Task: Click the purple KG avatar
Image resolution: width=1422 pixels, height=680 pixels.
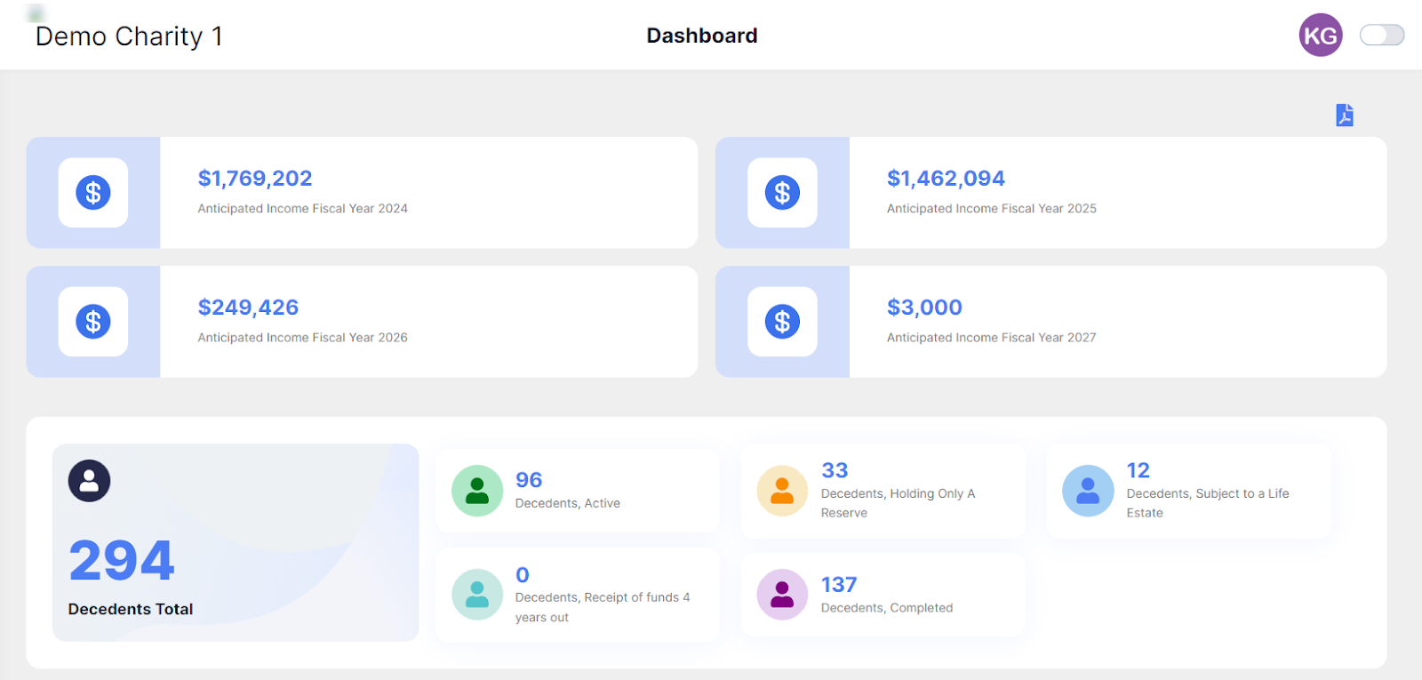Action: coord(1321,35)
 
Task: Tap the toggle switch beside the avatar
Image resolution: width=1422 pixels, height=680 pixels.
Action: coord(1381,35)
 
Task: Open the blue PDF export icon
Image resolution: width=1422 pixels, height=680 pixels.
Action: coord(1345,115)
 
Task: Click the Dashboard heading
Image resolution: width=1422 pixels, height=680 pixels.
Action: coord(701,36)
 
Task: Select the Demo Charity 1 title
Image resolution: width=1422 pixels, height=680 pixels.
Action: coord(129,36)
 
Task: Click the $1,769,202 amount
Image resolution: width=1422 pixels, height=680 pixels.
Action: coord(254,179)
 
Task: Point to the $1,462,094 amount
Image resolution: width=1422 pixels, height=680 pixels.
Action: coord(946,179)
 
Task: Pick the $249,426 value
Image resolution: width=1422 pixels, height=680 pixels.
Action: coord(248,308)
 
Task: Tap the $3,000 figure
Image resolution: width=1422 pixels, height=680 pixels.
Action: coord(924,308)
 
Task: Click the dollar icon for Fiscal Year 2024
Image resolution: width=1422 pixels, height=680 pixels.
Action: coord(93,192)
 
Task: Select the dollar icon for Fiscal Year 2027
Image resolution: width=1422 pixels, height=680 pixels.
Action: coord(782,321)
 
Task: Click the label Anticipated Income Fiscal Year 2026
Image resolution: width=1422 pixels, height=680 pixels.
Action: coord(302,337)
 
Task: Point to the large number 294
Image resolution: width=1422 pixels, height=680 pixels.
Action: coord(121,560)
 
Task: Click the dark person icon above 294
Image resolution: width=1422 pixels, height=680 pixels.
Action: coord(89,481)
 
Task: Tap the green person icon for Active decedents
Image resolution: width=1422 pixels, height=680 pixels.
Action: coord(476,491)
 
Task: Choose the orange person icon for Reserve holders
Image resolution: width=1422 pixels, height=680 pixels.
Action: coord(782,491)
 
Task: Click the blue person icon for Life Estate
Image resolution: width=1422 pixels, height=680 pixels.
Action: coord(1088,491)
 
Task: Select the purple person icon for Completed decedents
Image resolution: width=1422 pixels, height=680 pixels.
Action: coord(782,595)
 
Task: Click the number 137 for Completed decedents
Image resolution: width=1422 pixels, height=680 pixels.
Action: coord(839,584)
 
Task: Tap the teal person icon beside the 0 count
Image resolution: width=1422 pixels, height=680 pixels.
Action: coord(476,595)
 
